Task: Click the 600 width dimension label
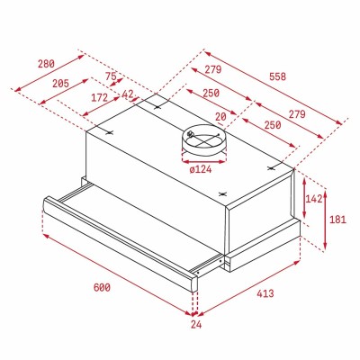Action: [102, 287]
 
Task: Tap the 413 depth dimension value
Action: [265, 293]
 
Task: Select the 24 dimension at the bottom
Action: [196, 324]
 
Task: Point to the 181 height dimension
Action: [337, 220]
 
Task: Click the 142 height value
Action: [313, 199]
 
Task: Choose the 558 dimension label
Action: [277, 76]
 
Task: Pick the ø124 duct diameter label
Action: [201, 170]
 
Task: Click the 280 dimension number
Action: [46, 64]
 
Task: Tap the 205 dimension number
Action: [60, 84]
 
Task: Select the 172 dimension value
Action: [99, 97]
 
